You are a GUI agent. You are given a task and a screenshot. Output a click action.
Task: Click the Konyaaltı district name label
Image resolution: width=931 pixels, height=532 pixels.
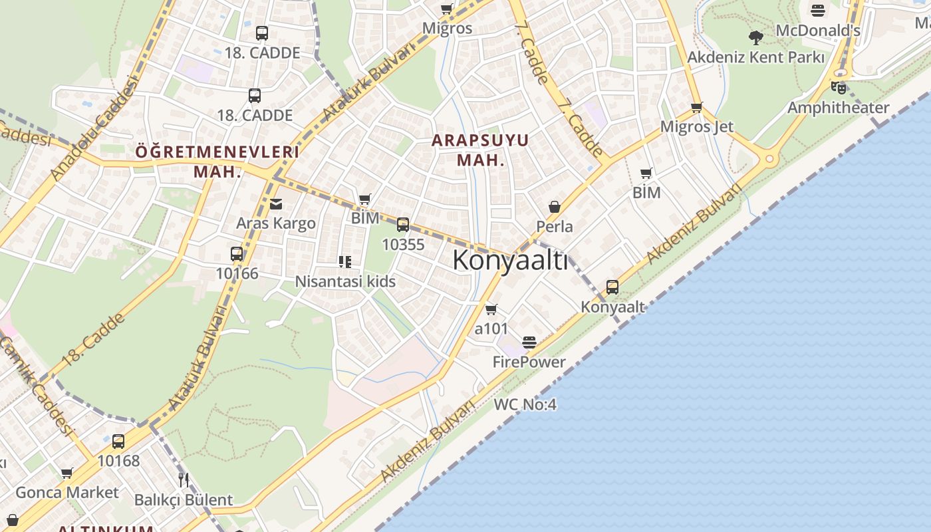(510, 260)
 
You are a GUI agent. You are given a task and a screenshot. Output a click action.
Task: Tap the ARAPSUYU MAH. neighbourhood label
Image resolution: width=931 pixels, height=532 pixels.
(479, 150)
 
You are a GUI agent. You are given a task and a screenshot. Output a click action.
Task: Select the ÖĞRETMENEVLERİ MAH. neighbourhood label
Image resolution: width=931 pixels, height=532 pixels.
(217, 161)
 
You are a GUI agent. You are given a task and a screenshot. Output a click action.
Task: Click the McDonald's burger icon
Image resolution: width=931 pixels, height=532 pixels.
(817, 11)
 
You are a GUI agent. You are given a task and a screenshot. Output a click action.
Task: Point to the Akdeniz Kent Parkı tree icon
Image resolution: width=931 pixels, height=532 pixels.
(755, 37)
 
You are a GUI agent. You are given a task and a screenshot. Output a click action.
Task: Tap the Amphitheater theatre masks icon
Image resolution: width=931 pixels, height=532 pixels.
(838, 87)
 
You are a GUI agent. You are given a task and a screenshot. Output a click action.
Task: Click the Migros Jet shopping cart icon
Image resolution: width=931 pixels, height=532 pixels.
(696, 107)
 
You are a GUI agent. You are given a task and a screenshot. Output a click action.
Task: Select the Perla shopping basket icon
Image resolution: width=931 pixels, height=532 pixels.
(555, 207)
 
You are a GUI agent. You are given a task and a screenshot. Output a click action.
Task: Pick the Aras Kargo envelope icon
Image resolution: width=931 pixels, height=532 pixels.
(276, 203)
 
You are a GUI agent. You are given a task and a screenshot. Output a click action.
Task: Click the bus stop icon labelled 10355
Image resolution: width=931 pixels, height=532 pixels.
(403, 225)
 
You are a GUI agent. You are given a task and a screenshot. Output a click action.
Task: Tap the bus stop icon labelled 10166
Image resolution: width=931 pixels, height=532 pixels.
(237, 254)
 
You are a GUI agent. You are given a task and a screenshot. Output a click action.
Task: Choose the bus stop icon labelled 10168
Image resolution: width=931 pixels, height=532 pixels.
(118, 442)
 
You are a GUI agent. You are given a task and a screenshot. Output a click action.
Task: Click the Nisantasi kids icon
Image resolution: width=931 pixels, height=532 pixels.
(344, 262)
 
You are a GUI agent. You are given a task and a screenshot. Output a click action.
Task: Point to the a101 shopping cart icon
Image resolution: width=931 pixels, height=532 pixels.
(491, 309)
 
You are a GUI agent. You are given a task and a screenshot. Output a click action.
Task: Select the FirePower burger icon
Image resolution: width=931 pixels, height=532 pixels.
(529, 342)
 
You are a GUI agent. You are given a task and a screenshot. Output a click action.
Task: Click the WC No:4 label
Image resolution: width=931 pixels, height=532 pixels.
(525, 404)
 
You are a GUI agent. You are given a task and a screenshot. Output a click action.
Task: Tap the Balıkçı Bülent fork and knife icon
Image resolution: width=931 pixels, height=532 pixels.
(184, 480)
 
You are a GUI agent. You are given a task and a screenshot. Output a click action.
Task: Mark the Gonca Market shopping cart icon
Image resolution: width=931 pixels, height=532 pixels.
(66, 473)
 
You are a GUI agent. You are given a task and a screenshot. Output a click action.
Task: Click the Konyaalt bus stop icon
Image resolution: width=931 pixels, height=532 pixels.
(612, 287)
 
